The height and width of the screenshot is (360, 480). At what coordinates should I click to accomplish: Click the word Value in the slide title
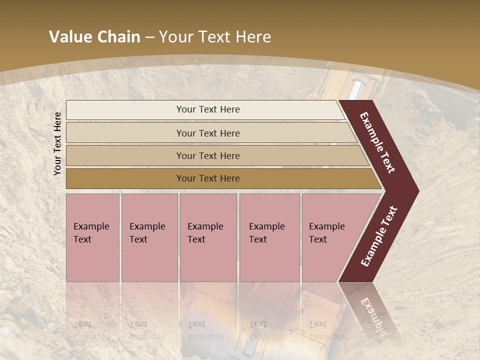(68, 37)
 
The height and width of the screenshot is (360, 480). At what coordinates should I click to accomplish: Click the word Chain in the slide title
(118, 37)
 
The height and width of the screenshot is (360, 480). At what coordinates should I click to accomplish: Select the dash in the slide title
(149, 37)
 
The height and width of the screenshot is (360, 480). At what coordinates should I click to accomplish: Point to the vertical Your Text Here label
(57, 143)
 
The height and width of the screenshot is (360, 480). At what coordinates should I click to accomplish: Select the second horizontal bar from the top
(207, 133)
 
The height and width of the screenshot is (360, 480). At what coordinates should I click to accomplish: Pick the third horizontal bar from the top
(207, 155)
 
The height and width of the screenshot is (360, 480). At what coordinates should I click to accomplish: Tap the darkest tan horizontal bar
(207, 178)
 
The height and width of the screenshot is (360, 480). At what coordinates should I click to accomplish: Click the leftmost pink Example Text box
(92, 237)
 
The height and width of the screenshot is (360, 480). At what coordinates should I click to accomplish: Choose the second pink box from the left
(149, 237)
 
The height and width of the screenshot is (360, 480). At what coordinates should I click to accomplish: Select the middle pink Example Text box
(208, 237)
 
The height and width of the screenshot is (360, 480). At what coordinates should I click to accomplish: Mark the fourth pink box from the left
(269, 237)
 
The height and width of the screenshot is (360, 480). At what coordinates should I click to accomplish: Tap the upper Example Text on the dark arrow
(377, 142)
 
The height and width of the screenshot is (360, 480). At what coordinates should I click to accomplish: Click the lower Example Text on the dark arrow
(379, 236)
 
